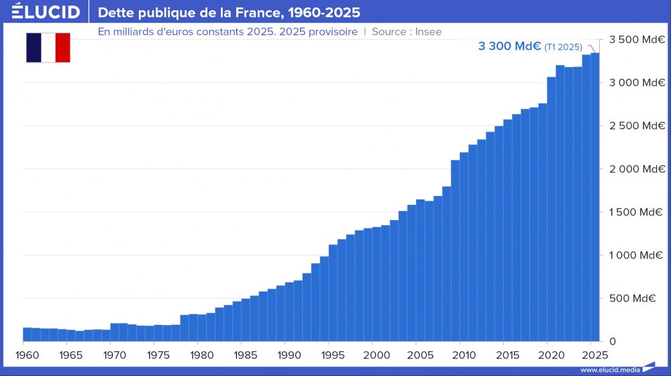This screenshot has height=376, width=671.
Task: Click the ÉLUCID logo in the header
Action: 46,12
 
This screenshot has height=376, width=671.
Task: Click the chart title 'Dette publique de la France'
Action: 229,12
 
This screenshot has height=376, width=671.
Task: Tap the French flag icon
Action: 48,47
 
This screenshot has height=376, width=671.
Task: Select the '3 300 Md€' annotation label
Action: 509,46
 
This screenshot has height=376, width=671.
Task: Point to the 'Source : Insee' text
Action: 406,32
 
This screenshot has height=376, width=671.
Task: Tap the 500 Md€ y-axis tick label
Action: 635,298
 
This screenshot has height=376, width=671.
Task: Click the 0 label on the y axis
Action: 612,341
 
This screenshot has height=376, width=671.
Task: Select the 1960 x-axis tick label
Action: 24,353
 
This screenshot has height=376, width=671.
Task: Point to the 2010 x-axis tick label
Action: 463,353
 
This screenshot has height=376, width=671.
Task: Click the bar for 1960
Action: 27,334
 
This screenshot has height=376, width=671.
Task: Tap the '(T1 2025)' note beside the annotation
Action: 564,47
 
